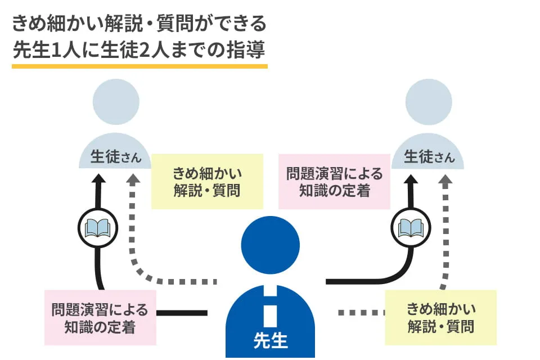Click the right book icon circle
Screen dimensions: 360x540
pyautogui.click(x=411, y=228)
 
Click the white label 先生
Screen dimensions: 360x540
pyautogui.click(x=271, y=340)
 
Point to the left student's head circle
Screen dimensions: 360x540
pyautogui.click(x=116, y=102)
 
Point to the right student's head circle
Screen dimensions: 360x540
pyautogui.click(x=429, y=102)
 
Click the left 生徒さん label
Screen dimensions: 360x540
pyautogui.click(x=116, y=156)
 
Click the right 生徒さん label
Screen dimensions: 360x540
pyautogui.click(x=429, y=156)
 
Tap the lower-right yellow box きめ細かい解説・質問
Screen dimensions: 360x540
pyautogui.click(x=440, y=317)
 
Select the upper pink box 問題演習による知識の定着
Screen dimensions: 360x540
pyautogui.click(x=334, y=182)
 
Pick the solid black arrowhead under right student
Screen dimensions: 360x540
pyautogui.click(x=411, y=179)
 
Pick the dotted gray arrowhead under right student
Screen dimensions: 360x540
pyautogui.click(x=445, y=179)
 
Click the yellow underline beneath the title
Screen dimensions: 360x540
pyautogui.click(x=139, y=66)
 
